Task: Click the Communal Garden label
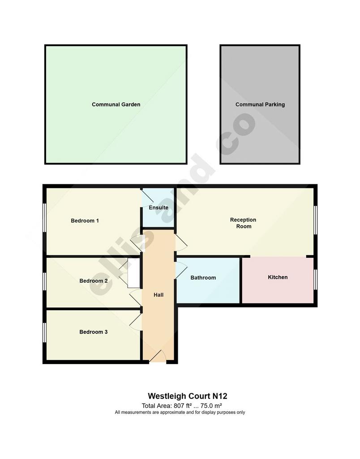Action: pos(116,104)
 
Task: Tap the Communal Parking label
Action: pos(260,104)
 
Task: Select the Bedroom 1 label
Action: pos(85,221)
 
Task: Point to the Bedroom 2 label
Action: pos(94,281)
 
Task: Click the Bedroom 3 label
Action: pos(94,332)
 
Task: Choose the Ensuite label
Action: pos(159,208)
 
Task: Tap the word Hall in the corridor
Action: pos(159,295)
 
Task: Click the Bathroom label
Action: pos(203,277)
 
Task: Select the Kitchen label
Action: pos(278,277)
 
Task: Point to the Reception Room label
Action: pos(243,223)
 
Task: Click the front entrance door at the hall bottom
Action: pos(158,357)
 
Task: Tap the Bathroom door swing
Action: pos(181,270)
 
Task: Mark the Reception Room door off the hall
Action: pos(181,242)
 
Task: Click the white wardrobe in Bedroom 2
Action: pos(134,273)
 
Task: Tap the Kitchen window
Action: pos(316,279)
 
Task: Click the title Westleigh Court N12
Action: pos(188,396)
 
